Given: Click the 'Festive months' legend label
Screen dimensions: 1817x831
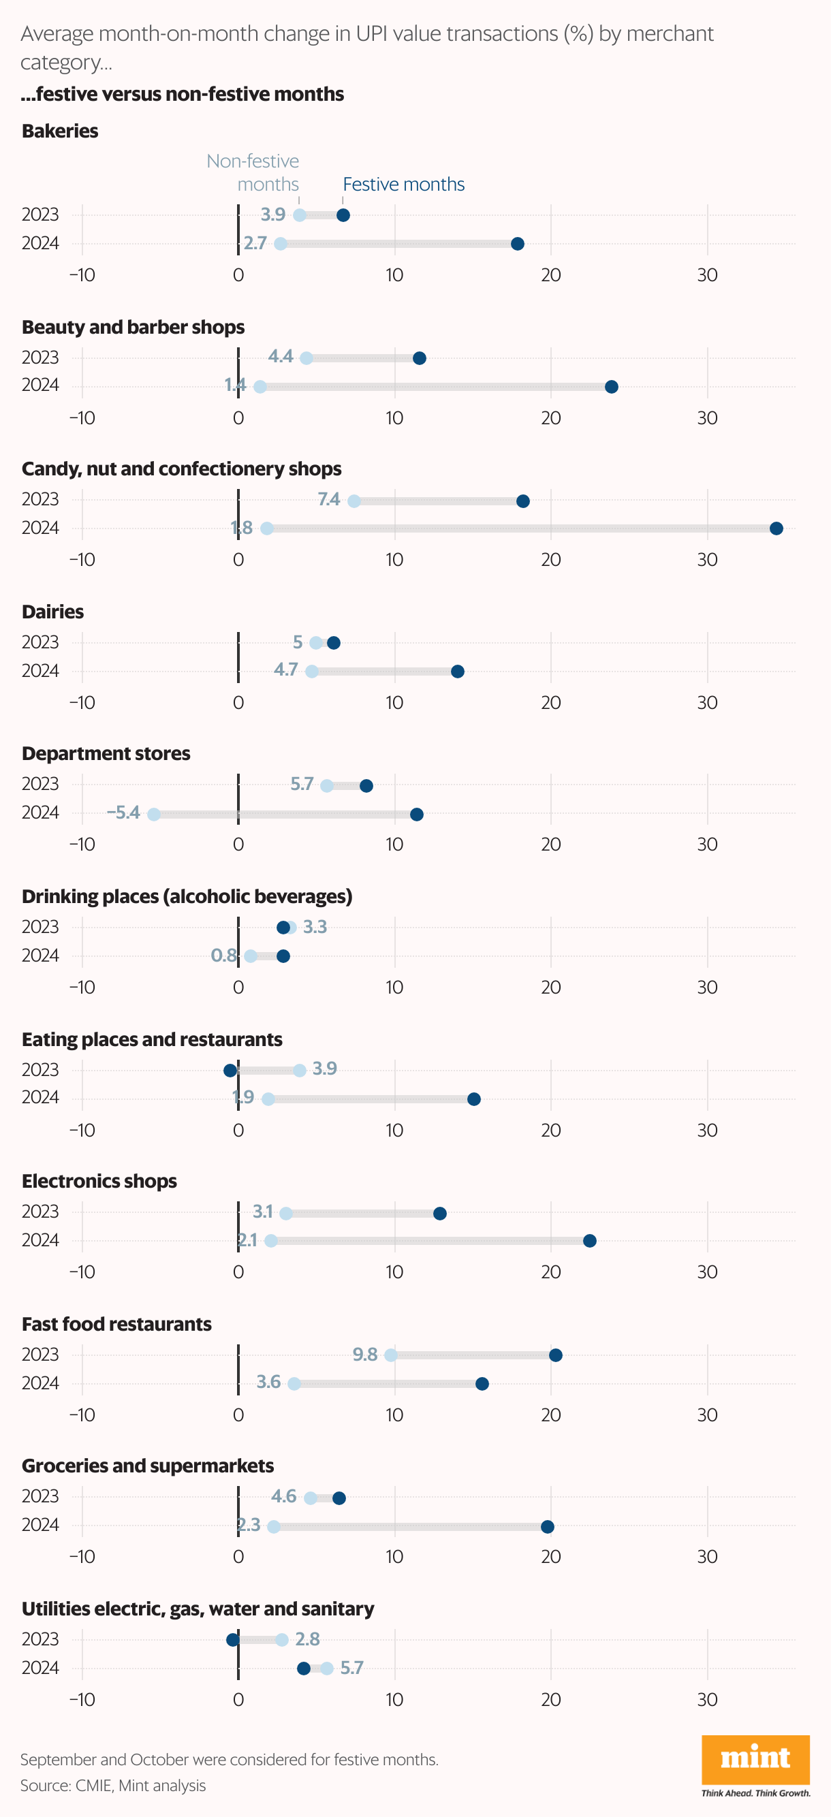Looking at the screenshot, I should click(x=403, y=185).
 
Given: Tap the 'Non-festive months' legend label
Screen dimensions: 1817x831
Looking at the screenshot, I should click(x=253, y=173).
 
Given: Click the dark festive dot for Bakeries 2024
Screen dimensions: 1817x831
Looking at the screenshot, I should click(x=517, y=244).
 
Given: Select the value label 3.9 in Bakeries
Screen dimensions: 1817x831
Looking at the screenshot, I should click(x=273, y=215).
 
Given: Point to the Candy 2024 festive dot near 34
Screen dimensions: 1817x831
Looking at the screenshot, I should click(x=776, y=528).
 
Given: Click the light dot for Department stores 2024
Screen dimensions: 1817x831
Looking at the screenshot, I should click(x=154, y=815).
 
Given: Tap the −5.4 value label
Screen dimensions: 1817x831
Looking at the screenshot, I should click(x=123, y=812).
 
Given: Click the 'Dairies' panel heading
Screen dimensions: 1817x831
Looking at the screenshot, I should click(x=53, y=612).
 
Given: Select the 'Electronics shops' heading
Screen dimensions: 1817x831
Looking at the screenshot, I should click(x=99, y=1181).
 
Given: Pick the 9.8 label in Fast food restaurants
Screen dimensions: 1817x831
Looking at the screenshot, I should click(x=364, y=1355).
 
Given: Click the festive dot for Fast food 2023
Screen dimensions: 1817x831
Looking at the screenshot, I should click(x=555, y=1355).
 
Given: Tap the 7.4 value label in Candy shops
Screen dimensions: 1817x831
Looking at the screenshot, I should click(x=329, y=499).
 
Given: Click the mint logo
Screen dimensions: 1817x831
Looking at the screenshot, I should click(x=755, y=1759).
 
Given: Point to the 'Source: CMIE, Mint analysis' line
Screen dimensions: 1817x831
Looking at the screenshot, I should click(x=113, y=1785).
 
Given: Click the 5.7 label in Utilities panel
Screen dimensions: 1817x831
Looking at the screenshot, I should click(x=351, y=1667).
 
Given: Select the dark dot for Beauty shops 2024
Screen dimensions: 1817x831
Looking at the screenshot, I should click(x=612, y=387).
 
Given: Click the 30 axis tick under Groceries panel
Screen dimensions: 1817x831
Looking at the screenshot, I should click(x=707, y=1557).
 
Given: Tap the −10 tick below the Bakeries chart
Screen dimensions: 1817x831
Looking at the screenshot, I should click(x=82, y=275).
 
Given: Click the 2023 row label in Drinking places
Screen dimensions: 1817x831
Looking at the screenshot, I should click(x=40, y=927).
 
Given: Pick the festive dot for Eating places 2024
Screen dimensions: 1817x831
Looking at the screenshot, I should click(x=474, y=1099).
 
